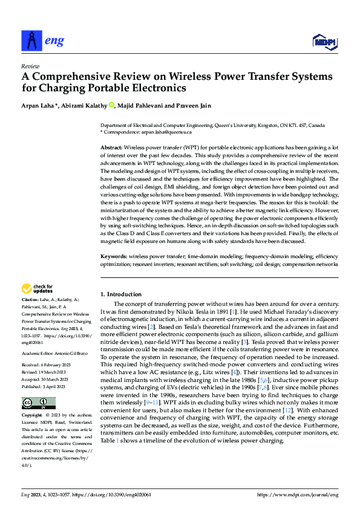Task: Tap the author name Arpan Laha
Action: click(x=38, y=106)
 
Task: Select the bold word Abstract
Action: click(x=111, y=148)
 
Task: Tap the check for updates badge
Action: click(x=38, y=289)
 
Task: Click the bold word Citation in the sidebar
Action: click(x=30, y=299)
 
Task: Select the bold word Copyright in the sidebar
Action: click(x=32, y=415)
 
